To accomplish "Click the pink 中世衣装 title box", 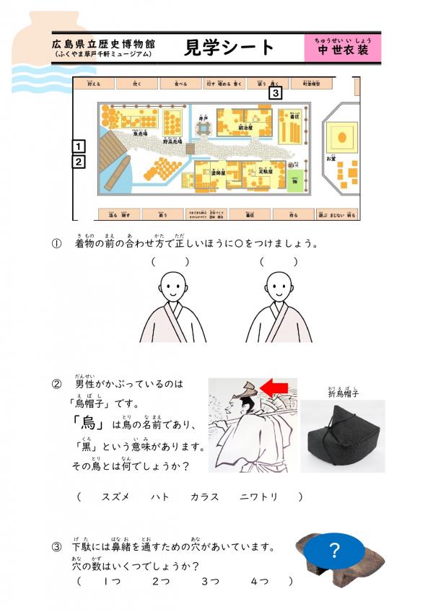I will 342,47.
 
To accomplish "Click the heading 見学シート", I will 230,47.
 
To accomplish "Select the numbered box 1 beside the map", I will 79,147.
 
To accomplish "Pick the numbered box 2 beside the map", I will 79,162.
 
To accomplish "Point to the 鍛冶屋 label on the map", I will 248,127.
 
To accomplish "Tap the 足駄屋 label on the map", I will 252,171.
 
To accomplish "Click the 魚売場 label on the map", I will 140,134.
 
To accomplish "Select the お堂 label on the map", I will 331,157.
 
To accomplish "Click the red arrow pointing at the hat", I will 274,389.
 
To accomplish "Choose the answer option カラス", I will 204,497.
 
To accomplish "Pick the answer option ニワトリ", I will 258,497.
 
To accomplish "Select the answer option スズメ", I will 115,497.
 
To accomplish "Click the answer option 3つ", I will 210,581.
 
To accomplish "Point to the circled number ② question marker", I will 56,383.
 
